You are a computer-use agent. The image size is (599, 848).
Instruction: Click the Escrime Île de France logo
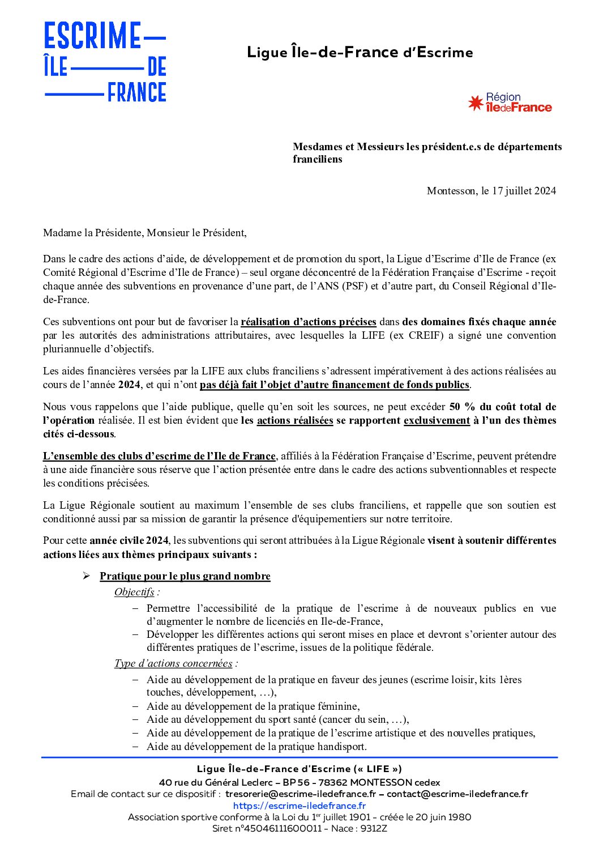tap(105, 62)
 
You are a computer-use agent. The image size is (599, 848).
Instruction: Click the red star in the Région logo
tap(476, 103)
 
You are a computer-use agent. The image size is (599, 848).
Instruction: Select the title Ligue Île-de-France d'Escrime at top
tap(360, 53)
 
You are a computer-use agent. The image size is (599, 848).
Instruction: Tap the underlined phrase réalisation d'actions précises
tap(309, 322)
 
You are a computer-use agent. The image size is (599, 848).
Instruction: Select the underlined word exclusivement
tap(437, 420)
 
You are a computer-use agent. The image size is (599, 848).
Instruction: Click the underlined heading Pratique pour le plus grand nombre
tap(185, 576)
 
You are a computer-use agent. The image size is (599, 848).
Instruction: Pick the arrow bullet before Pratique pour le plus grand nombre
tap(86, 576)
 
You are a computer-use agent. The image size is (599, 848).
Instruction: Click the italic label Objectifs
tap(134, 592)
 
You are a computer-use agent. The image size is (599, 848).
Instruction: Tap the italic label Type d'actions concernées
tap(173, 663)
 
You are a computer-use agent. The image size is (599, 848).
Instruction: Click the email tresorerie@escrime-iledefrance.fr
tap(301, 794)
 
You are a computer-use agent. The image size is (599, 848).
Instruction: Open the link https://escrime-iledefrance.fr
tap(299, 806)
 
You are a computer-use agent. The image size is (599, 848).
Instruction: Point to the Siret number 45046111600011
tap(280, 829)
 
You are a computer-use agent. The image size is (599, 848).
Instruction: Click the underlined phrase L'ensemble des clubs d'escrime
tap(159, 456)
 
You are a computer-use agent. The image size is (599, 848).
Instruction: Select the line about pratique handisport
tap(256, 747)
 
